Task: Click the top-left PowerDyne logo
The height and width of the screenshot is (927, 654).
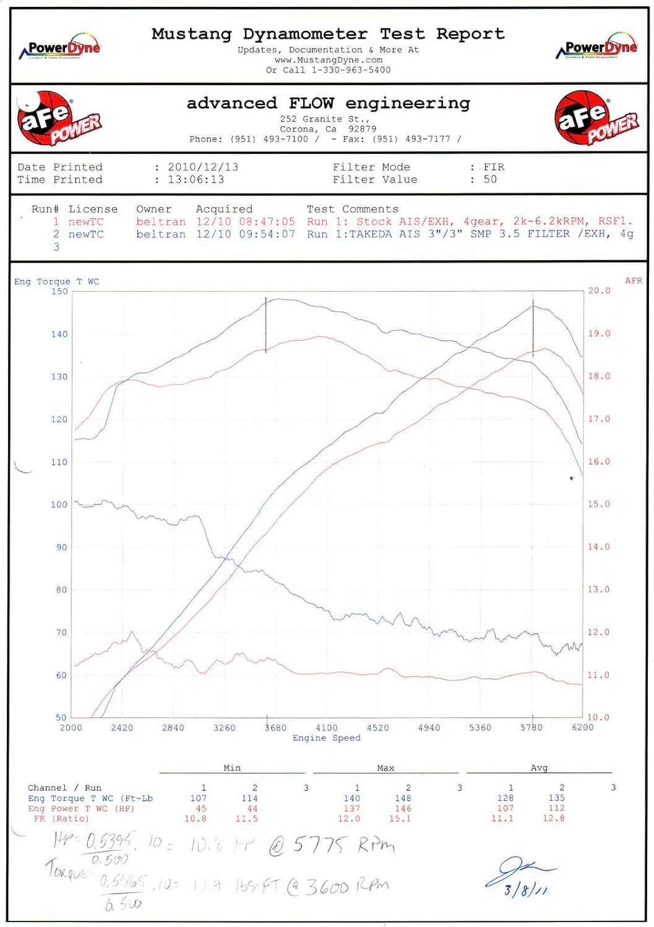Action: (x=60, y=47)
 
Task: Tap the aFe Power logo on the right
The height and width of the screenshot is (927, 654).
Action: (x=596, y=118)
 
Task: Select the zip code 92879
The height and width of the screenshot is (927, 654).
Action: (x=362, y=129)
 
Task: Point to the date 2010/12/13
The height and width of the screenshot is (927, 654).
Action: (x=203, y=167)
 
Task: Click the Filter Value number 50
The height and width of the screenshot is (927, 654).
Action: (x=490, y=179)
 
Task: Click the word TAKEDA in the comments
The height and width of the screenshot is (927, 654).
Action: (x=372, y=234)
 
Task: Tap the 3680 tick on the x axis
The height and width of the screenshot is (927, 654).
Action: (x=275, y=728)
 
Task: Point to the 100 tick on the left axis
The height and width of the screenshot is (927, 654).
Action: (x=59, y=504)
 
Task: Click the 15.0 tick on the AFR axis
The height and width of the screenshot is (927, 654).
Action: (x=598, y=504)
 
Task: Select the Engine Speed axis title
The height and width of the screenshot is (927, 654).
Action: (x=326, y=738)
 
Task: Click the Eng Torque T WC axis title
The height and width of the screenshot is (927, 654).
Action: (x=56, y=282)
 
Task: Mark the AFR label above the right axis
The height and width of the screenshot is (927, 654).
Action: (x=634, y=281)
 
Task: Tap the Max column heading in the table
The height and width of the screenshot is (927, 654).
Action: (x=385, y=768)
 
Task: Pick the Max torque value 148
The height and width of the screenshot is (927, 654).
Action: (x=403, y=798)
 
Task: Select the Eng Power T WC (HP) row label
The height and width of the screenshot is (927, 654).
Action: (x=81, y=808)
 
